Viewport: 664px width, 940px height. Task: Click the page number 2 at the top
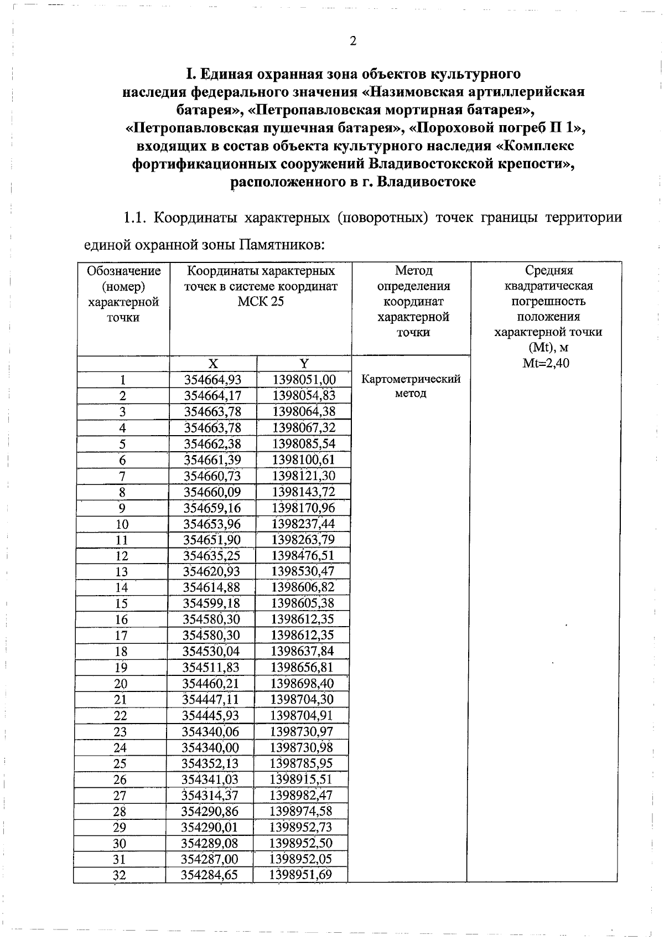353,42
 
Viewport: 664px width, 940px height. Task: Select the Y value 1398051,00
304,380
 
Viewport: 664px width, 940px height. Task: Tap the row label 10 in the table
122,524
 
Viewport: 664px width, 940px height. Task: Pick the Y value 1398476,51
303,556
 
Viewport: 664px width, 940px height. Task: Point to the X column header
213,364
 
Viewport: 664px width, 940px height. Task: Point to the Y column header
304,364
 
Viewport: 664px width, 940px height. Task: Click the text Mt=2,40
546,363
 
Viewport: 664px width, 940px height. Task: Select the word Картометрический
411,379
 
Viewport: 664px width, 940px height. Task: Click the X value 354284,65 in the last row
209,875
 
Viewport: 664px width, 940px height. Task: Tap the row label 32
120,875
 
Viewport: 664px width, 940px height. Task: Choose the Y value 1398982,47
302,796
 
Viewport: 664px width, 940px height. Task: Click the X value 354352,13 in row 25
210,763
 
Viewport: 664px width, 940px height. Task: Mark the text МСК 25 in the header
260,302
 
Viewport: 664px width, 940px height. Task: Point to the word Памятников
279,244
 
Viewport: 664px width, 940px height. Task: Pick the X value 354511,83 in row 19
210,668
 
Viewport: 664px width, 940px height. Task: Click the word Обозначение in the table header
123,271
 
